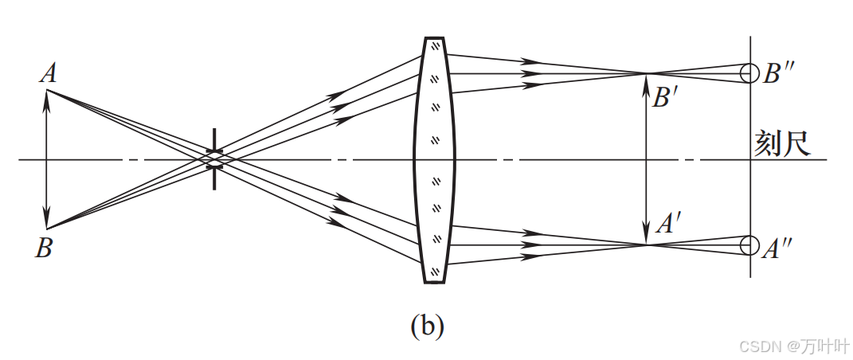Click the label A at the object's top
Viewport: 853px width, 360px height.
48,74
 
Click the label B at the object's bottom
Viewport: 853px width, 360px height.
44,248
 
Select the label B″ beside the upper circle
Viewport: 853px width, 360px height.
777,73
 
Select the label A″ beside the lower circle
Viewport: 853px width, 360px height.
776,249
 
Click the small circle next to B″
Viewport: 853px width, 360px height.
749,73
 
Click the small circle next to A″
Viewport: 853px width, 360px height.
749,245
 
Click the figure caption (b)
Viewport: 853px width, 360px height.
427,326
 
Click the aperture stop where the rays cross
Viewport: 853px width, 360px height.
214,159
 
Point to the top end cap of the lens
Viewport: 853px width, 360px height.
434,39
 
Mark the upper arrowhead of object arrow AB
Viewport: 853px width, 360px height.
46,96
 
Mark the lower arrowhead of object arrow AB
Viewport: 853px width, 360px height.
46,222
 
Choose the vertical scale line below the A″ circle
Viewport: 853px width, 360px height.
749,267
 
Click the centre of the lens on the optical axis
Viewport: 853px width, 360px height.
434,159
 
